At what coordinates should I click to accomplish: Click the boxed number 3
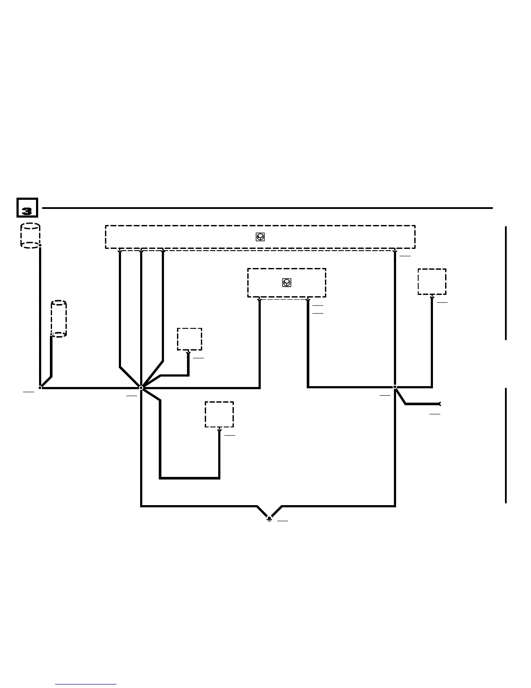(x=27, y=208)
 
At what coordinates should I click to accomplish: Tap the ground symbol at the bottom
(x=269, y=518)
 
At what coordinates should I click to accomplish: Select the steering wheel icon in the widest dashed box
(x=260, y=237)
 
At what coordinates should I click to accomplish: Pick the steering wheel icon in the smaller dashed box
(x=286, y=283)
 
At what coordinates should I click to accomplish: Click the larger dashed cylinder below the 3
(x=30, y=236)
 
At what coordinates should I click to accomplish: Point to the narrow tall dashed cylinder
(x=59, y=318)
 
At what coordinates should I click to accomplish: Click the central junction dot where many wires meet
(x=141, y=387)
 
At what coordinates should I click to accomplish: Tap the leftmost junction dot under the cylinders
(x=40, y=387)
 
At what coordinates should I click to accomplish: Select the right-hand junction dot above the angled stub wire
(x=395, y=387)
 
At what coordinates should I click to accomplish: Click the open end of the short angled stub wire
(x=439, y=404)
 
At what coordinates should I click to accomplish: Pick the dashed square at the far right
(x=432, y=281)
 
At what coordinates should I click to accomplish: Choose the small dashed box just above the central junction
(x=190, y=339)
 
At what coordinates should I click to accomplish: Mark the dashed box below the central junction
(x=219, y=414)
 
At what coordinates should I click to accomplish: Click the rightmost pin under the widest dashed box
(x=395, y=251)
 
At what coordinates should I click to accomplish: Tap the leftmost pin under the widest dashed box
(x=120, y=251)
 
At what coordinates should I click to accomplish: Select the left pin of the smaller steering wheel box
(x=259, y=299)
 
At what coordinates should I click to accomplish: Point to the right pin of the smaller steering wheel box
(x=308, y=299)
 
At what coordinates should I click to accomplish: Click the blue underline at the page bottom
(x=86, y=684)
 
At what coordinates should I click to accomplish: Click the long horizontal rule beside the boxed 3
(x=267, y=208)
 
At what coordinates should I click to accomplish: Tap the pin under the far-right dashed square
(x=432, y=297)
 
